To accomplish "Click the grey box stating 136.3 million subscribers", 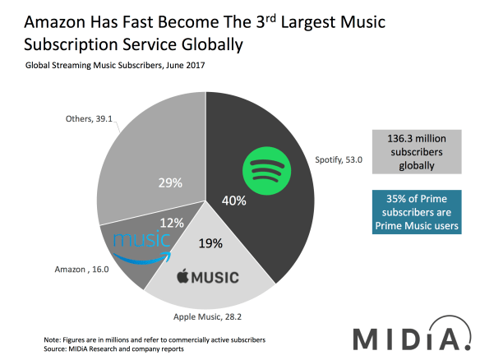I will pos(413,153).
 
